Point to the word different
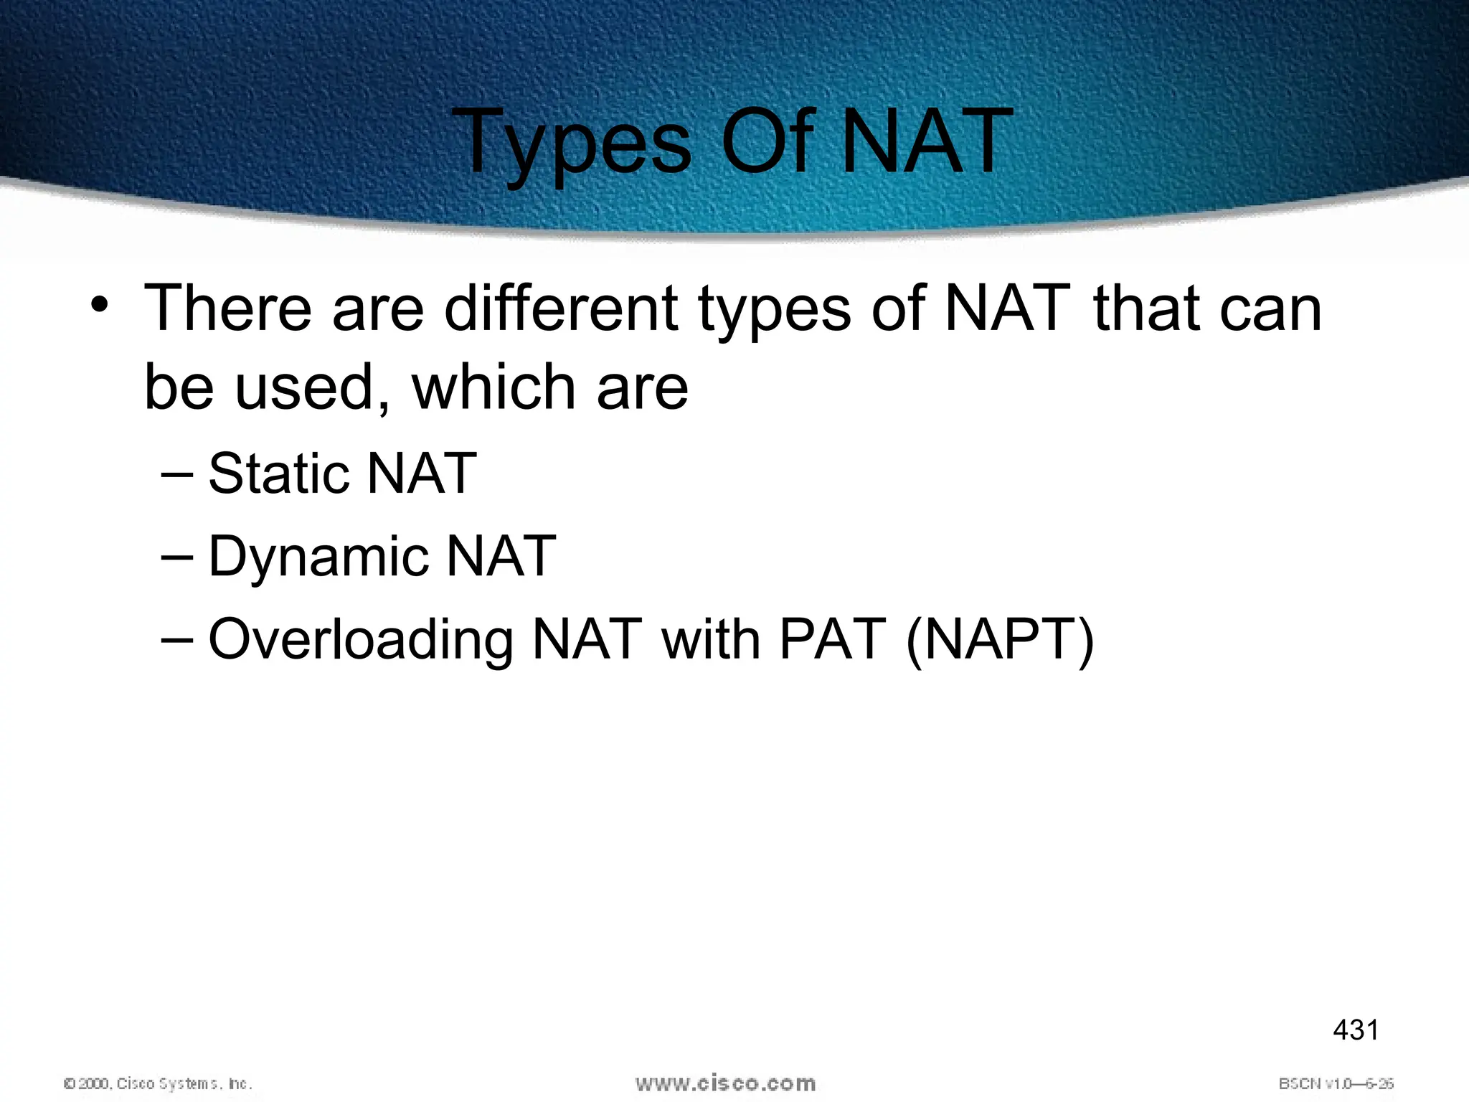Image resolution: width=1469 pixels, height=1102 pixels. tap(561, 309)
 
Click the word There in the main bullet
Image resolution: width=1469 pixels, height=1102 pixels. tap(228, 309)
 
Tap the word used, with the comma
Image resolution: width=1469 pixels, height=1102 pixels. tap(313, 387)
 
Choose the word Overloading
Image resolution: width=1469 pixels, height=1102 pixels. tap(361, 640)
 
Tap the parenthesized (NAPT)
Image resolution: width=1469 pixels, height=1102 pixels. tap(1000, 640)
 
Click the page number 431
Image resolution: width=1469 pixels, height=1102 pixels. tap(1355, 1030)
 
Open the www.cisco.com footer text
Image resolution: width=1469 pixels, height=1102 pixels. tap(725, 1083)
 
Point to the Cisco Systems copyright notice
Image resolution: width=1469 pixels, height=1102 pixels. tap(159, 1083)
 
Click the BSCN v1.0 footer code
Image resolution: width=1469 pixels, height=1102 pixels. tap(1336, 1083)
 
